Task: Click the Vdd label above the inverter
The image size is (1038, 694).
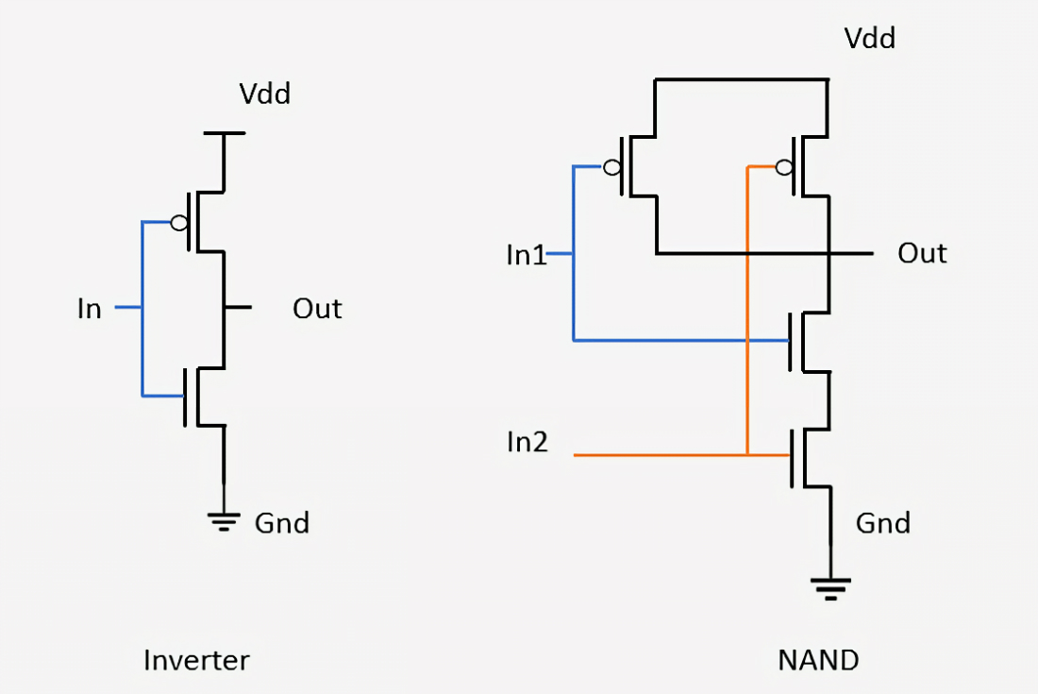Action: pos(265,94)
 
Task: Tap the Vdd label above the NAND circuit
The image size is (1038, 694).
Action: pos(870,39)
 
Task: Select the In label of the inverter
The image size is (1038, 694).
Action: pos(90,309)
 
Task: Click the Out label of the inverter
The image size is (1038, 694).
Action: pos(317,309)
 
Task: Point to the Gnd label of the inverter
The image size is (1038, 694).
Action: pos(282,523)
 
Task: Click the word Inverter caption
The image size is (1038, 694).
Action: pos(196,660)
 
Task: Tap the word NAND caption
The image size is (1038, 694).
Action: pos(818,660)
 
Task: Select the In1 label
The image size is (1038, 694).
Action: pos(527,255)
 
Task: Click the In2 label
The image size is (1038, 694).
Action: pos(527,442)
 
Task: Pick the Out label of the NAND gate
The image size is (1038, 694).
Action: pos(922,254)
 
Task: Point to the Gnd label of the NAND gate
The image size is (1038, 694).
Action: pos(883,523)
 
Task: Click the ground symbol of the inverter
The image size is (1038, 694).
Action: pos(224,521)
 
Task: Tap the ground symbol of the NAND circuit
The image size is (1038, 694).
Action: pos(830,588)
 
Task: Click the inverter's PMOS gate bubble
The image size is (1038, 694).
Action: pos(179,223)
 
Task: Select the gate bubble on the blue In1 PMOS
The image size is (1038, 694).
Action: pos(612,167)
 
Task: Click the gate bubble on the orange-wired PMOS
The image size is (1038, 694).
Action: pos(784,167)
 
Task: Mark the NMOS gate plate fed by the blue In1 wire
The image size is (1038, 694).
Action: pos(791,341)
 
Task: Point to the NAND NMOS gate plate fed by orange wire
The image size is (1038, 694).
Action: pos(793,458)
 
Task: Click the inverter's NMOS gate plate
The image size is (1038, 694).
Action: pos(187,397)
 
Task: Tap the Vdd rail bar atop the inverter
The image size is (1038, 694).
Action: pos(225,133)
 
